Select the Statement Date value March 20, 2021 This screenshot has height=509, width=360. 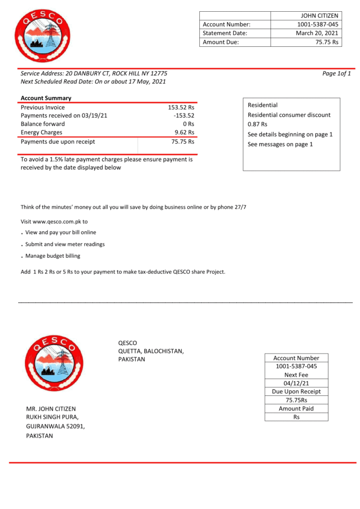(317, 33)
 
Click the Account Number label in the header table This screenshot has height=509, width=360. (226, 24)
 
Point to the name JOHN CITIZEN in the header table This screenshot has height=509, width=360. (320, 16)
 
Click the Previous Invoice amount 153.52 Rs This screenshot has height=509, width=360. (181, 108)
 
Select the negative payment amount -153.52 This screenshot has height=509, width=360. (184, 116)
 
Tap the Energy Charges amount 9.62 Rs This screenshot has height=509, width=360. (184, 132)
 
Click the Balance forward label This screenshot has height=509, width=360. (43, 124)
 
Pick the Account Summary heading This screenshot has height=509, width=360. (46, 98)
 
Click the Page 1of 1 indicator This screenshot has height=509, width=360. (337, 73)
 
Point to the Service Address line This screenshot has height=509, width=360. (94, 73)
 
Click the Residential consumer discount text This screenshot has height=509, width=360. (289, 115)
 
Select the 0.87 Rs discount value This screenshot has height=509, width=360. (258, 124)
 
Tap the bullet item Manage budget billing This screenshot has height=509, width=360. (53, 256)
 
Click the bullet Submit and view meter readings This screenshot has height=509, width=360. (65, 244)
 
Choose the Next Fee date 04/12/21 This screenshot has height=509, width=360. (296, 383)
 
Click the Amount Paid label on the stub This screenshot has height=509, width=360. (296, 409)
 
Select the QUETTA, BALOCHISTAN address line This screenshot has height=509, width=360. (151, 351)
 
